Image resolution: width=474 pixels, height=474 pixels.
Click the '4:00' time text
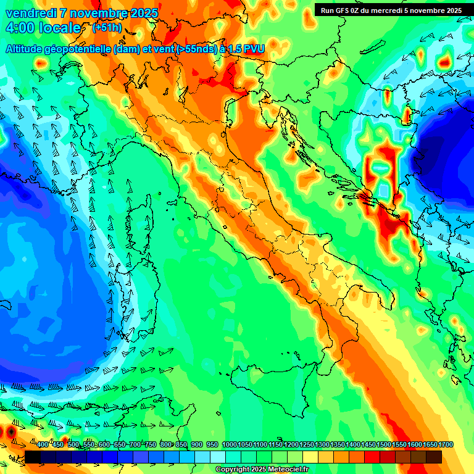pos(20,28)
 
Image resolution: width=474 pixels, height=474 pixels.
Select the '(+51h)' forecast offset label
pos(106,28)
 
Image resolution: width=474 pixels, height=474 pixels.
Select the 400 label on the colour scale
pos(43,445)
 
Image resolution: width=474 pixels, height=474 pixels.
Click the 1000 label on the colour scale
pos(229,445)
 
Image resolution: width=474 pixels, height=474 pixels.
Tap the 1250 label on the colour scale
pos(307,445)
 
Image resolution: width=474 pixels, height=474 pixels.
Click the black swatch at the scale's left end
pos(33,456)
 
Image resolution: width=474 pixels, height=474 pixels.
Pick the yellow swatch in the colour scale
pos(310,456)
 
